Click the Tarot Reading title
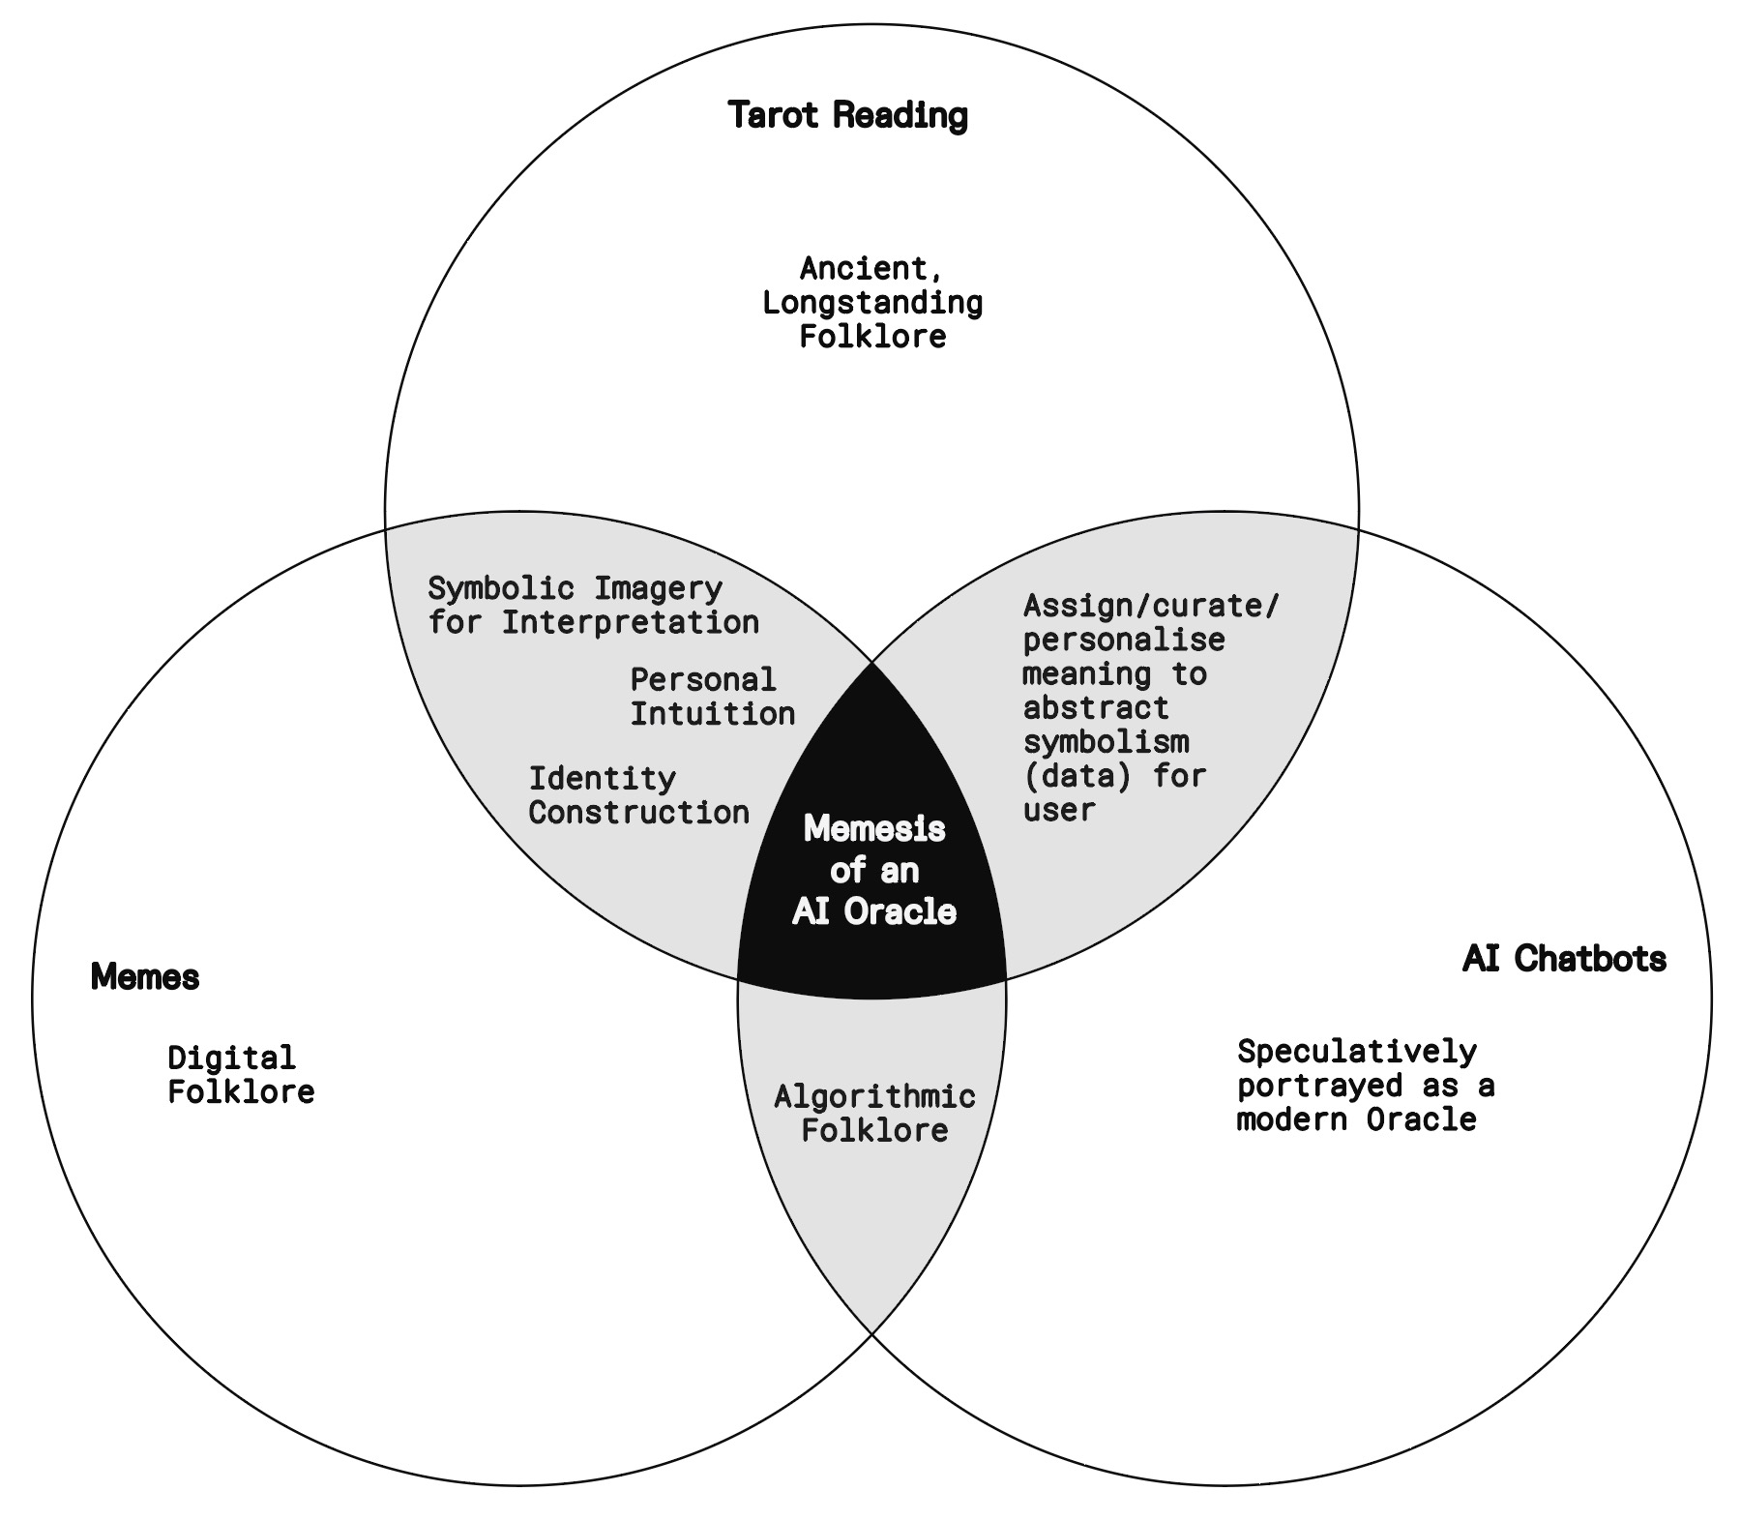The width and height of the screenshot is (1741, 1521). click(847, 115)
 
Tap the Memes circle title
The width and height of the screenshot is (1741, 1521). click(145, 977)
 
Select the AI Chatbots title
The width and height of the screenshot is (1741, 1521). click(1564, 959)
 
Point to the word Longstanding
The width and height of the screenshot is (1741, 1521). click(872, 303)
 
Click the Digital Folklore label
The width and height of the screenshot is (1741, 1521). click(241, 1074)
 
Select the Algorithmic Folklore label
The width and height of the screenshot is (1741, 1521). click(874, 1113)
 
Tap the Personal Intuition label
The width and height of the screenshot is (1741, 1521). click(712, 697)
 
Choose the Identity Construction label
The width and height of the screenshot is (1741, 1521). click(638, 795)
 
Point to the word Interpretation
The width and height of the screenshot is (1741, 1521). click(630, 622)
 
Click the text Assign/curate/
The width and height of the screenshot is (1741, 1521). click(1151, 607)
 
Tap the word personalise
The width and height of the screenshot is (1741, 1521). click(1124, 641)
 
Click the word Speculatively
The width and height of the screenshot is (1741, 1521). click(1357, 1051)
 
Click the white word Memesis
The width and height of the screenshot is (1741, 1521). click(874, 829)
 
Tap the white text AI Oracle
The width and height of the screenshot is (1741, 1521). click(874, 911)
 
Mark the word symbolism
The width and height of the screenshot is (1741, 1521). click(1106, 742)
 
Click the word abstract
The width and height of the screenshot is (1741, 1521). click(1096, 708)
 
